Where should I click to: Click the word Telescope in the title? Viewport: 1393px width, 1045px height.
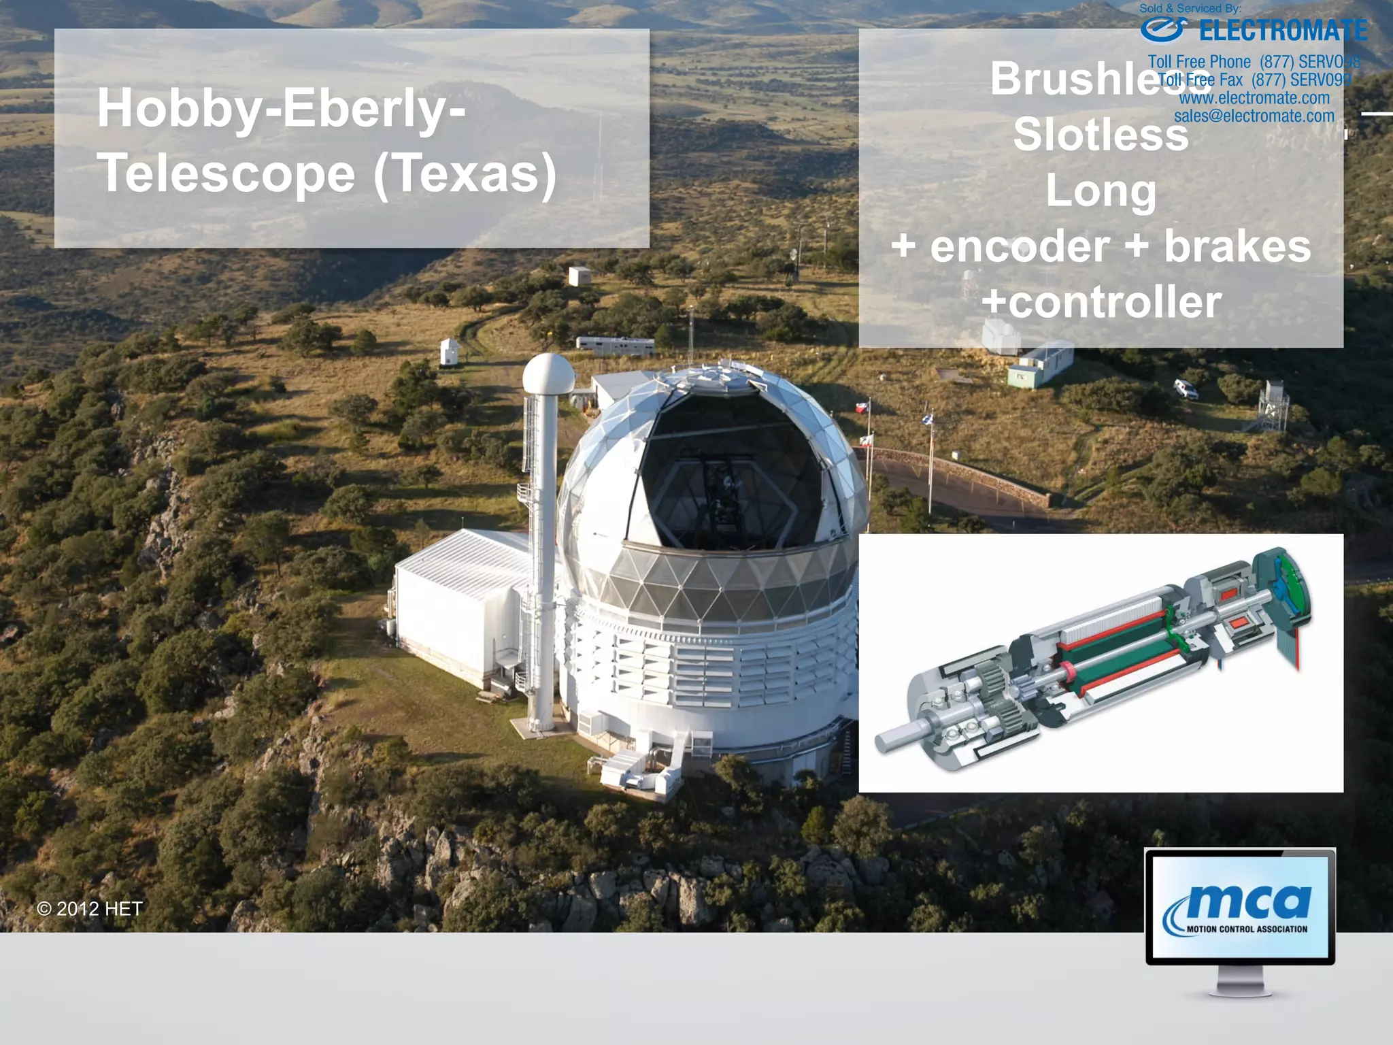pos(226,174)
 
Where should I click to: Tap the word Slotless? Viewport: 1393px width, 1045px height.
pos(1101,135)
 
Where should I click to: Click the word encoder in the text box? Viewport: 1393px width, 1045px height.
pos(1020,246)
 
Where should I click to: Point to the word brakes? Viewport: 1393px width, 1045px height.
pos(1237,246)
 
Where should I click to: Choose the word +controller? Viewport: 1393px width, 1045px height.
pos(1102,302)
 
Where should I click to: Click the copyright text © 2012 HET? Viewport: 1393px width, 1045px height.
pos(90,909)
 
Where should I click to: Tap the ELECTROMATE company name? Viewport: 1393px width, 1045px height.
pos(1283,31)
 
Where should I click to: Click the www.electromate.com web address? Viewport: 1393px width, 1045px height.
pos(1254,98)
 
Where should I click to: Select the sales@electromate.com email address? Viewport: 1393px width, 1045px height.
pos(1254,116)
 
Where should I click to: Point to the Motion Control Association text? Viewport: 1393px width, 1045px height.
pos(1247,929)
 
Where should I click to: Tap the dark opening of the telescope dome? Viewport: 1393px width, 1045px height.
pos(731,476)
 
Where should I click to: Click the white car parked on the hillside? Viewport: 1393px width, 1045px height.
pos(1186,389)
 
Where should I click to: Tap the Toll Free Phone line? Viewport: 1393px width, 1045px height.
pos(1254,62)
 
